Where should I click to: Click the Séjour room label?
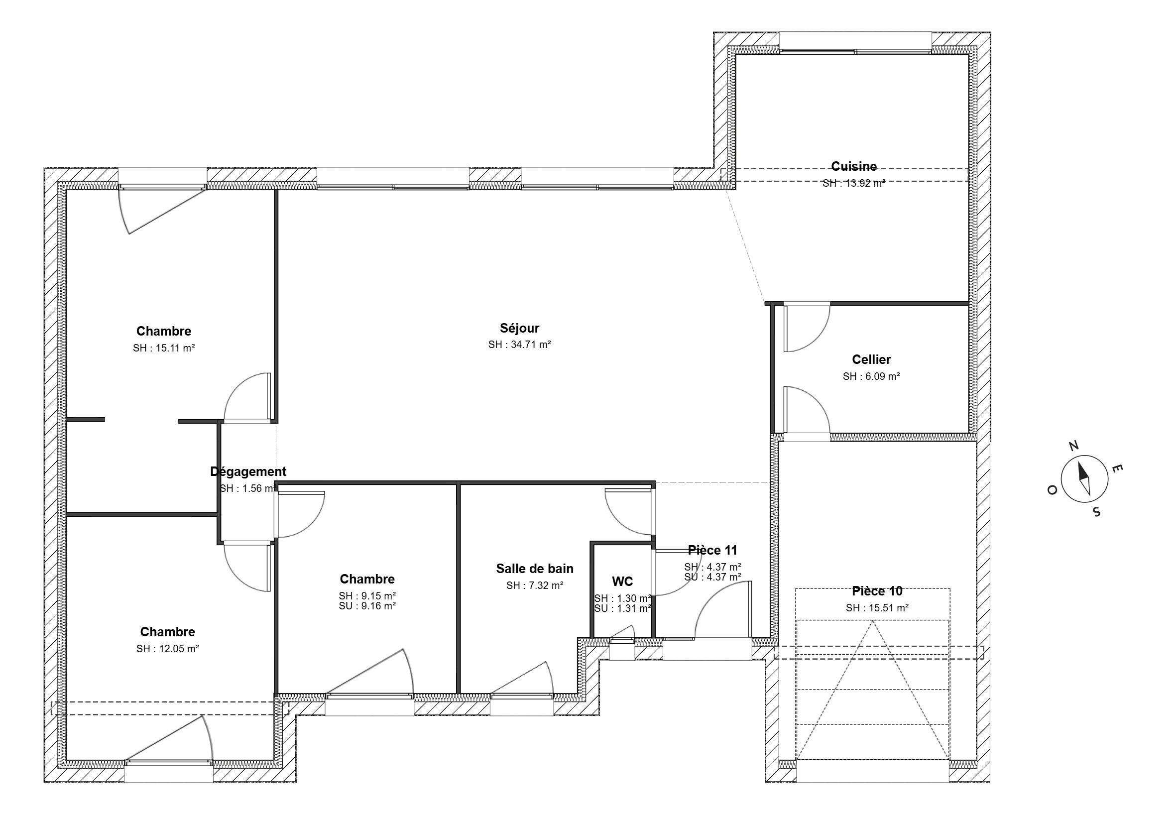pyautogui.click(x=519, y=328)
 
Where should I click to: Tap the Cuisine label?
pyautogui.click(x=854, y=166)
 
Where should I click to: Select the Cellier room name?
pyautogui.click(x=871, y=359)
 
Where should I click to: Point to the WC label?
pyautogui.click(x=622, y=581)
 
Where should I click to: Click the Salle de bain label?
pyautogui.click(x=534, y=568)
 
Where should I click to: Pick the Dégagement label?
pyautogui.click(x=248, y=471)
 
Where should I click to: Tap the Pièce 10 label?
pyautogui.click(x=877, y=591)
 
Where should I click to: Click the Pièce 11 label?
pyautogui.click(x=712, y=550)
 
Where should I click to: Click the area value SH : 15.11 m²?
pyautogui.click(x=164, y=349)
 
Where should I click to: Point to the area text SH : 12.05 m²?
pyautogui.click(x=167, y=649)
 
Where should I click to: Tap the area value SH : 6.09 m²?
pyautogui.click(x=871, y=376)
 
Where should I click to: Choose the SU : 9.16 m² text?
pyautogui.click(x=367, y=606)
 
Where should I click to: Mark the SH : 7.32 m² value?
pyautogui.click(x=534, y=585)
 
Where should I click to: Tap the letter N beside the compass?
pyautogui.click(x=1073, y=446)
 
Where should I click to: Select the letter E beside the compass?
pyautogui.click(x=1116, y=468)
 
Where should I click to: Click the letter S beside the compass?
pyautogui.click(x=1096, y=512)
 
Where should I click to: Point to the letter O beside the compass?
pyautogui.click(x=1052, y=490)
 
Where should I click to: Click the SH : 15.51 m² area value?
pyautogui.click(x=877, y=608)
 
